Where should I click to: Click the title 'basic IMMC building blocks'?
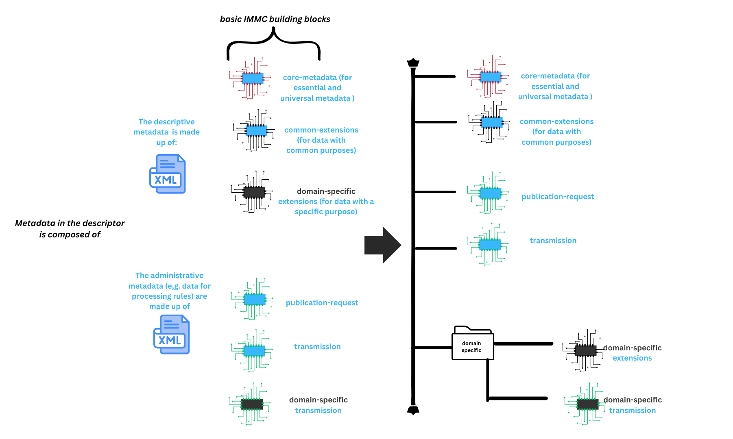[x=275, y=19]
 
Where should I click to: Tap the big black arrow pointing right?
[x=383, y=245]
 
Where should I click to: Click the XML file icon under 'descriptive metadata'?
[x=168, y=174]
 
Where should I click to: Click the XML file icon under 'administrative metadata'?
[x=172, y=335]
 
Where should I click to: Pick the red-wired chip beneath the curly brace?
[x=252, y=78]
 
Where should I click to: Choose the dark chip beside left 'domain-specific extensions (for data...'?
[x=254, y=192]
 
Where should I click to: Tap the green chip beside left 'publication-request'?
[x=254, y=299]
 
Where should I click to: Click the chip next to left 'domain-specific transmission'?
[x=252, y=404]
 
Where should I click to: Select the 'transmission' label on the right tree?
[x=553, y=241]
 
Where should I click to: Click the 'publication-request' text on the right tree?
[x=557, y=197]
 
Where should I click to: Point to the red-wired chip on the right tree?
[x=490, y=76]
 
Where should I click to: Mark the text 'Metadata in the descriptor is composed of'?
[x=70, y=229]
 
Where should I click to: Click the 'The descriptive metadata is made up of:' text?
[x=167, y=132]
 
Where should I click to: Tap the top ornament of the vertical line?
[x=413, y=63]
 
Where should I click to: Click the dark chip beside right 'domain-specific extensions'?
[x=585, y=351]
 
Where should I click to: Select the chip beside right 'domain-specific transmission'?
[x=587, y=404]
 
